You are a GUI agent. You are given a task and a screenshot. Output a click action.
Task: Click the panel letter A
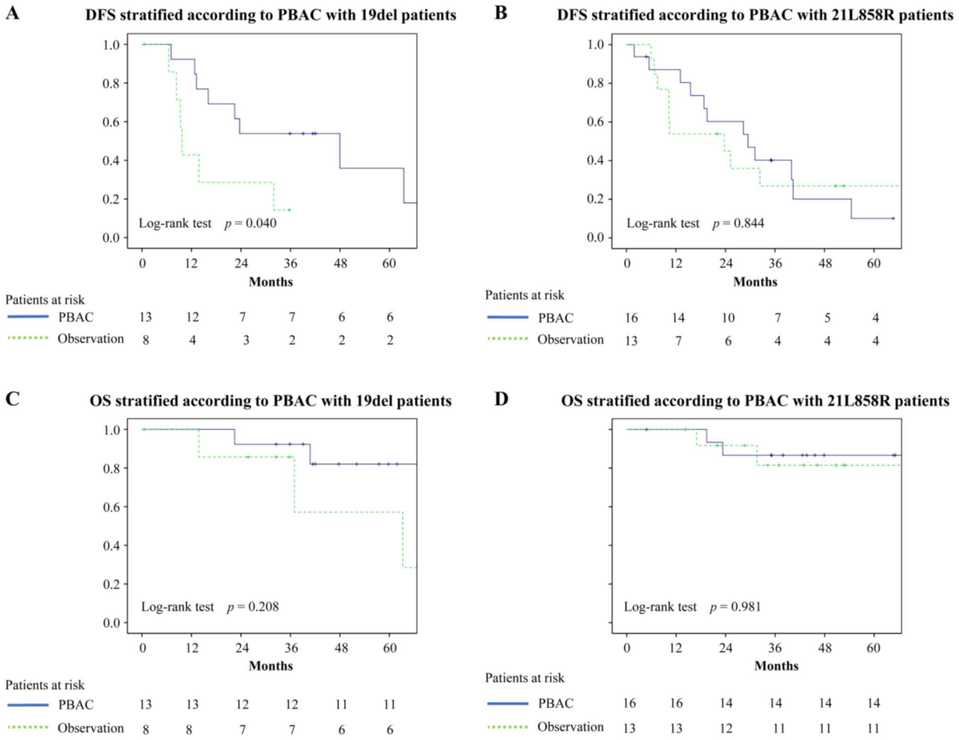coord(13,13)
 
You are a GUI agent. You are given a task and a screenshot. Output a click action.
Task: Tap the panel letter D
coord(501,399)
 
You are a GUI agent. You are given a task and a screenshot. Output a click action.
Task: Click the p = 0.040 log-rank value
coord(251,223)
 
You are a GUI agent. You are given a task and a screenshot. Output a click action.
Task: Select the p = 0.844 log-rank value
coord(738,223)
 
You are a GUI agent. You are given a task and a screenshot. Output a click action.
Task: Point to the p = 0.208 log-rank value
coord(253,606)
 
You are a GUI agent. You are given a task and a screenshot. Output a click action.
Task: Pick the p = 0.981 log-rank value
coord(735,606)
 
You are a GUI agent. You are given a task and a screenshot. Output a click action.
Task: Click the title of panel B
coord(755,15)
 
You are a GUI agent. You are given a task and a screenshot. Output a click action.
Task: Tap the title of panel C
coord(271,401)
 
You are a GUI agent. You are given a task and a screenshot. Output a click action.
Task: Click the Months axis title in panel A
coord(271,282)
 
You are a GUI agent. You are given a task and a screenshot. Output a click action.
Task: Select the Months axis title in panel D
coord(776,666)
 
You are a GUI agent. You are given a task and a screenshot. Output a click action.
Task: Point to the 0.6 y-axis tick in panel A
coord(112,122)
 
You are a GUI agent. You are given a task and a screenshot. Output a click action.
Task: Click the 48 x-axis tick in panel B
coord(825,263)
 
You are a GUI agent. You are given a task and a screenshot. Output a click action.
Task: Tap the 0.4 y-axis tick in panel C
coord(112,545)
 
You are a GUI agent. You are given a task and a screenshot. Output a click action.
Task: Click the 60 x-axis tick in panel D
coord(874,647)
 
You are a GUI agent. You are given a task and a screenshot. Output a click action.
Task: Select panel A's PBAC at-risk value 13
coord(145,317)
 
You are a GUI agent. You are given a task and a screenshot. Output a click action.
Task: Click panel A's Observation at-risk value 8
coord(145,340)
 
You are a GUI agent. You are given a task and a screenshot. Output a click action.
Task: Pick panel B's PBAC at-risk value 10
coord(728,318)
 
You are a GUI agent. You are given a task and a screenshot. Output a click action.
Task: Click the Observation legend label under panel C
coord(91,728)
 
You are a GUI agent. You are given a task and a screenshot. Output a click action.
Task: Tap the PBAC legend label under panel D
coord(556,703)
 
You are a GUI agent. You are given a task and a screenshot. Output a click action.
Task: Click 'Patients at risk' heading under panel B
coord(525,295)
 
